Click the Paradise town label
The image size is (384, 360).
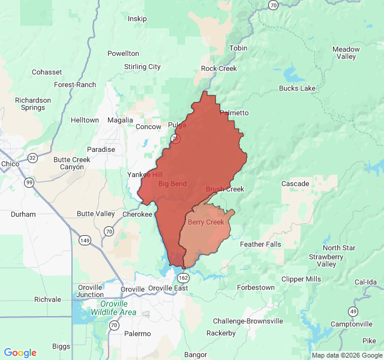click(101, 149)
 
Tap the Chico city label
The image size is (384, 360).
click(10, 164)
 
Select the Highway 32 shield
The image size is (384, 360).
click(32, 158)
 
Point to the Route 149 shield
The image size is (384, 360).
click(84, 241)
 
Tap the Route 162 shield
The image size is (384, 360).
click(183, 277)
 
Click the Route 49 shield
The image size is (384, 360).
click(353, 311)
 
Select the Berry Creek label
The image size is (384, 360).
click(206, 222)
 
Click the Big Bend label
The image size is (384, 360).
click(172, 184)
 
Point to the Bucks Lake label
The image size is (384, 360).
click(297, 88)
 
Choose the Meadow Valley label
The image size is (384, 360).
click(346, 53)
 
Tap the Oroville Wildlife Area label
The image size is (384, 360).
click(113, 308)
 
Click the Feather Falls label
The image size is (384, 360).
click(260, 244)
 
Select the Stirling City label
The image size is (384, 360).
click(142, 67)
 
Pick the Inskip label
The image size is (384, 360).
click(137, 19)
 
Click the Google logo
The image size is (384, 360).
click(20, 353)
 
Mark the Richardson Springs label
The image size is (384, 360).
click(33, 104)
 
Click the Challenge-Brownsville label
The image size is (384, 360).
click(248, 321)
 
